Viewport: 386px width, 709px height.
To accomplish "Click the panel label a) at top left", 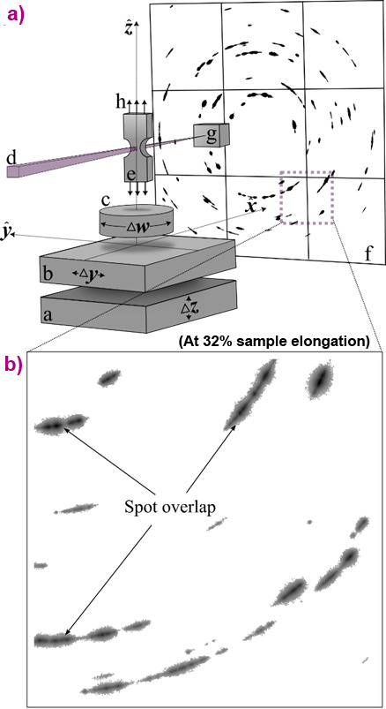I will click(x=15, y=15).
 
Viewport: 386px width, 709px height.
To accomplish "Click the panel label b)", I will click(x=15, y=364).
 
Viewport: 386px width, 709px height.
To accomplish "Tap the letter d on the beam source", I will click(x=11, y=158).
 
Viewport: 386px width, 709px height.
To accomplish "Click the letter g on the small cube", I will click(x=212, y=134).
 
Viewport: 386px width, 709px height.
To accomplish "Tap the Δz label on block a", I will click(x=186, y=308).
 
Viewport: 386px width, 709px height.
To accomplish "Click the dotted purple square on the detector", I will click(x=306, y=198).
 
